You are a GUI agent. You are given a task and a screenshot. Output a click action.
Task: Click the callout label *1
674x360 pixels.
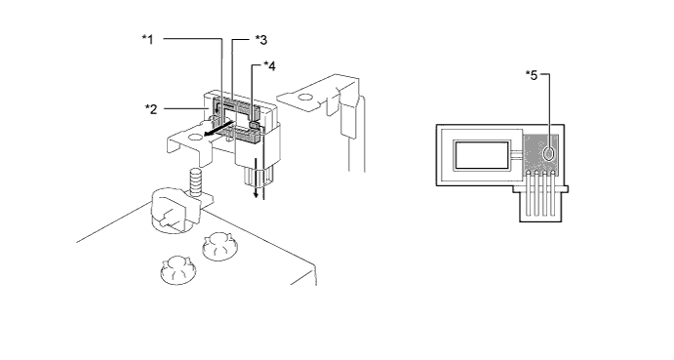147,40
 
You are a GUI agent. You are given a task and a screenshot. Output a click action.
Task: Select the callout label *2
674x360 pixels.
151,109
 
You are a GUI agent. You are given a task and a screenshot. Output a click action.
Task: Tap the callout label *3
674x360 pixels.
261,40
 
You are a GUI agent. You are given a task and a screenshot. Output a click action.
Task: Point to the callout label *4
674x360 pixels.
269,65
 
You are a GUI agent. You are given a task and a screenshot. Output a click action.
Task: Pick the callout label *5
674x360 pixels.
532,75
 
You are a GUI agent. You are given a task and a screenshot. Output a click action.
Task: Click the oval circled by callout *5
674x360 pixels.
549,153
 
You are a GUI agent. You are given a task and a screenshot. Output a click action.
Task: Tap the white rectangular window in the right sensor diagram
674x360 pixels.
482,155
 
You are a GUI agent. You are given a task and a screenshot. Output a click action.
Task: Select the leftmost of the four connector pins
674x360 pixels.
528,193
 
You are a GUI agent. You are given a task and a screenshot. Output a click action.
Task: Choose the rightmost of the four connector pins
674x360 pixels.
553,193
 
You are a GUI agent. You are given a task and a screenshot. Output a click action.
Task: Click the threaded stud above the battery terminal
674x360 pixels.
196,181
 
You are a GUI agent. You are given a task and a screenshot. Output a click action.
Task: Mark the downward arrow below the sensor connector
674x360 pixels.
256,179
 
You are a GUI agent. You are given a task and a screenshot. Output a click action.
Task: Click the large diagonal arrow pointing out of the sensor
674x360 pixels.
218,130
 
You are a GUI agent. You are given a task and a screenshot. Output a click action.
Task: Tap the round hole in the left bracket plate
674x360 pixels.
195,138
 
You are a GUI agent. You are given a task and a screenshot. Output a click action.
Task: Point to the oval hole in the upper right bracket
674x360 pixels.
304,98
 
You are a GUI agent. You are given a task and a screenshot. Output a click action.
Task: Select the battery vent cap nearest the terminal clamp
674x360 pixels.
218,246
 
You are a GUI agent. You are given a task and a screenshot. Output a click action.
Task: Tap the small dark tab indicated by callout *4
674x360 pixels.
254,126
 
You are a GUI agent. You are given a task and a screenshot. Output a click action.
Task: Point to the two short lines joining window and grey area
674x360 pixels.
517,155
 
